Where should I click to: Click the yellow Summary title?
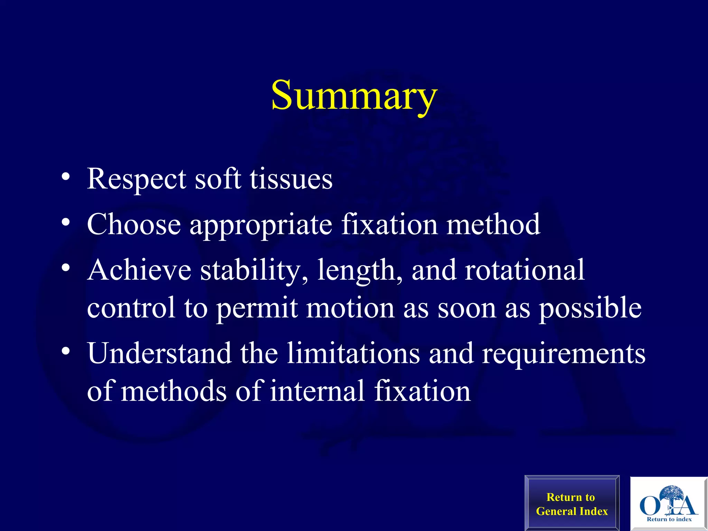pos(354,95)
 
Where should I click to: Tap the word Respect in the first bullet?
pos(136,179)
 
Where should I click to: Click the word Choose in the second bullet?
pos(134,225)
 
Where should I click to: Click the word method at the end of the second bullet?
pos(493,225)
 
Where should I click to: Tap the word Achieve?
pos(139,270)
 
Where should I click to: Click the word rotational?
pos(524,270)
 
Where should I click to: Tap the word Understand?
pos(159,353)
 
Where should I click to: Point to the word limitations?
pos(353,353)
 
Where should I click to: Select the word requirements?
pos(563,354)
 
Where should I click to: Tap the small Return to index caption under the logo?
pos(669,519)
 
